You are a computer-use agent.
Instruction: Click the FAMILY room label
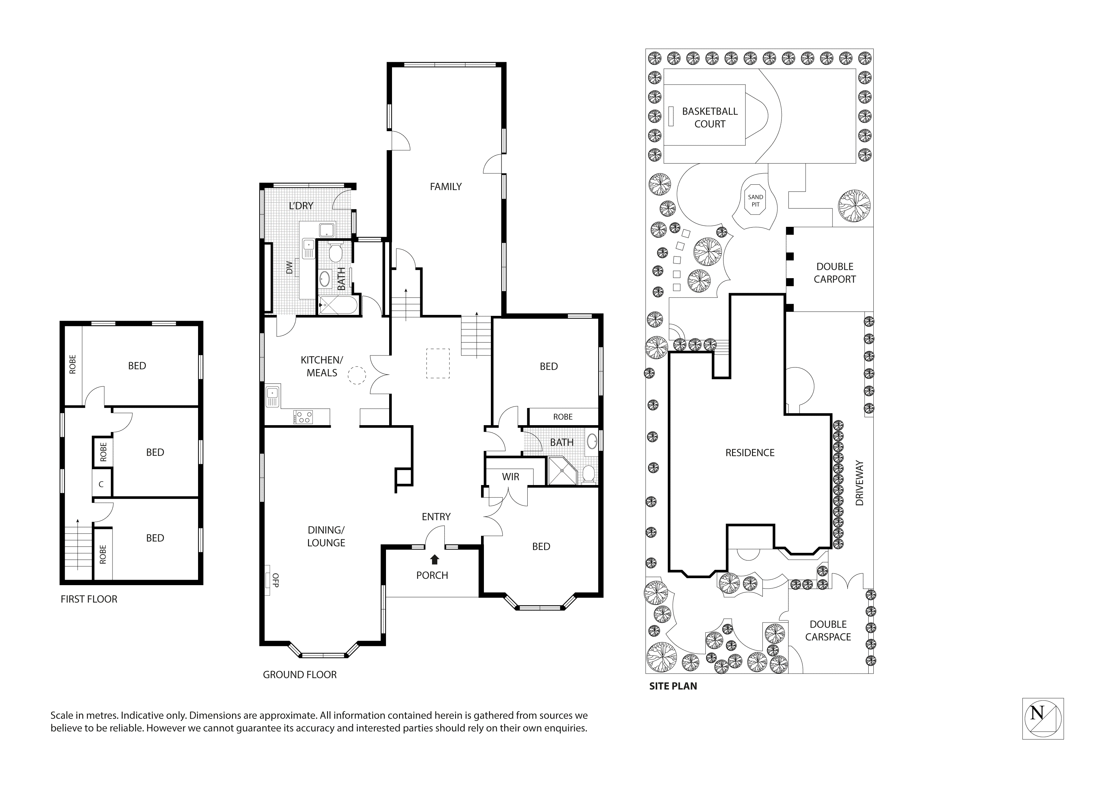[446, 187]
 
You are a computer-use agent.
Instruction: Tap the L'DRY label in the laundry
[301, 206]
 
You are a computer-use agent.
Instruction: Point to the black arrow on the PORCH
[434, 560]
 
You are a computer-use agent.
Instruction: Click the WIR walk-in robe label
[511, 477]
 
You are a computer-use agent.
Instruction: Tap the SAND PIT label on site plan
[755, 201]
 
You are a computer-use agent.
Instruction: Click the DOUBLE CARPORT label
[834, 273]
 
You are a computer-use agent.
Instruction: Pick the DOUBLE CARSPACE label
[828, 630]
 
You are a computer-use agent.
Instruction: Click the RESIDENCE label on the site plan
[750, 453]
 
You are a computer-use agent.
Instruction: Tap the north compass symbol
[1042, 718]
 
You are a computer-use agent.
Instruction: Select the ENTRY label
[436, 517]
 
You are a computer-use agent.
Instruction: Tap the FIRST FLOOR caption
[89, 599]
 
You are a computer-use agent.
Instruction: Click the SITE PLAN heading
[673, 686]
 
